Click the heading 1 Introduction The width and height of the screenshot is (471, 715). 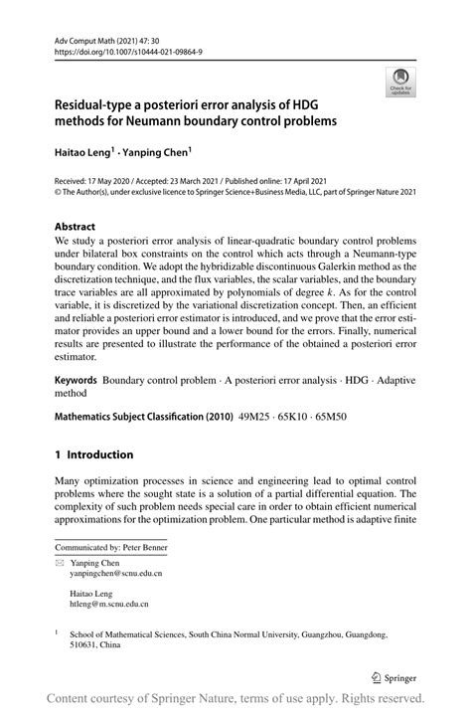(x=94, y=455)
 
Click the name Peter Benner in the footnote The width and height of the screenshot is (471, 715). (x=143, y=547)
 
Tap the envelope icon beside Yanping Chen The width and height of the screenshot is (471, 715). (x=61, y=563)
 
